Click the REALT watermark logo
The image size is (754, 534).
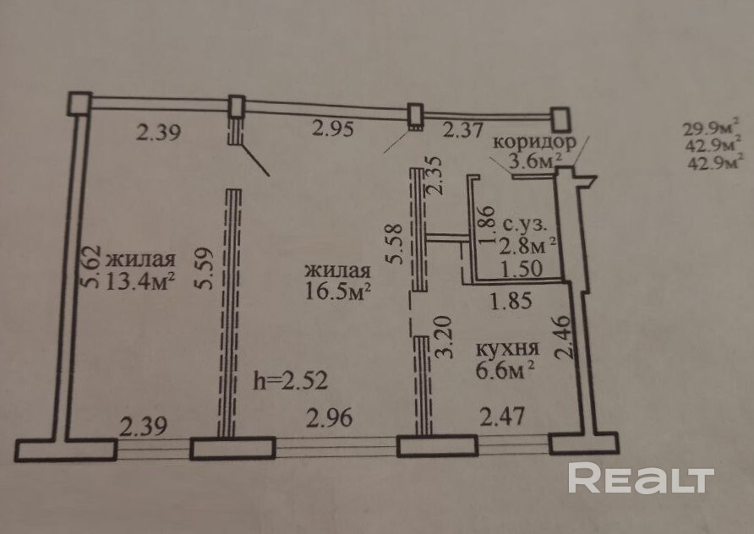pyautogui.click(x=641, y=478)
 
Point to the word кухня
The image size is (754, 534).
pyautogui.click(x=507, y=348)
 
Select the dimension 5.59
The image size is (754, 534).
pyautogui.click(x=201, y=268)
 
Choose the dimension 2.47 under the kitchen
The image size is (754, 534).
pyautogui.click(x=501, y=416)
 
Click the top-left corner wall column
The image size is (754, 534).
pyautogui.click(x=79, y=103)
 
